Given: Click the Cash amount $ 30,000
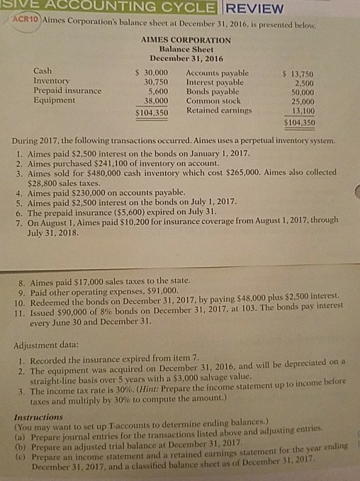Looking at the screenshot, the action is [x=151, y=72].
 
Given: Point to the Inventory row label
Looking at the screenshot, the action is [x=52, y=81].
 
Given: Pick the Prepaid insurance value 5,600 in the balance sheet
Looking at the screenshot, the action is [x=156, y=91].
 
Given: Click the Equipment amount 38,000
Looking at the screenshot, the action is [x=154, y=100].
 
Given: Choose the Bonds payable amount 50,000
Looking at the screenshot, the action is [x=300, y=91].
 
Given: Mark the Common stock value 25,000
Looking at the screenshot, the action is [x=300, y=101].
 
